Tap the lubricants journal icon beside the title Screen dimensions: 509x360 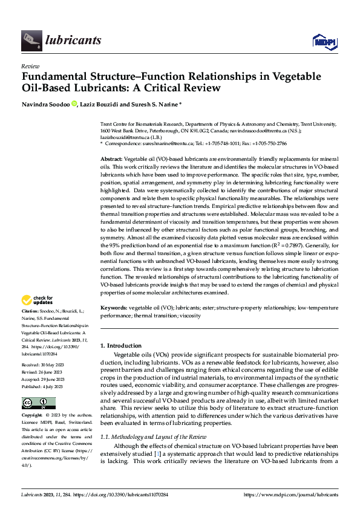pos(31,41)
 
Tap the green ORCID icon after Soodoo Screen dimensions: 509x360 pos(74,104)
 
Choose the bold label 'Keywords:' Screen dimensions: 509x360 pos(114,308)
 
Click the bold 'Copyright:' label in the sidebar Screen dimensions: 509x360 pos(33,416)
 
